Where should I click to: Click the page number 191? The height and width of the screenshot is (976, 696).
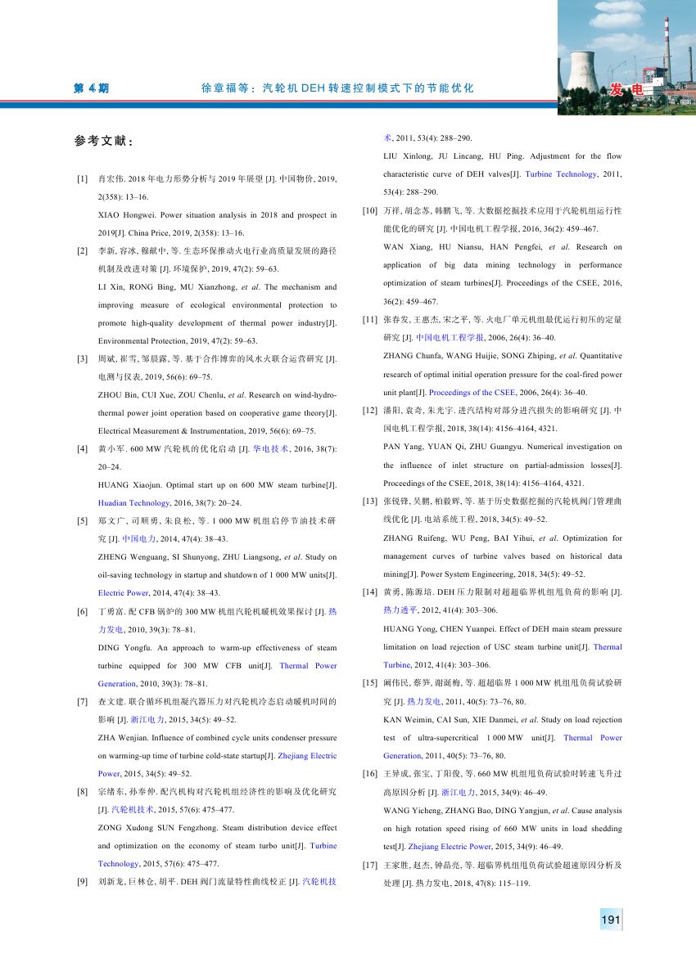point(610,920)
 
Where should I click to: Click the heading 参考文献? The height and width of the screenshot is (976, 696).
point(104,141)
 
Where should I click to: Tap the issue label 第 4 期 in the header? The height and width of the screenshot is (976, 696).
point(91,88)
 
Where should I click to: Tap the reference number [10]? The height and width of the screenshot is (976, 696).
point(369,211)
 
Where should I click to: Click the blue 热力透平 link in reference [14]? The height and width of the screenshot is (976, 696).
point(401,609)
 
